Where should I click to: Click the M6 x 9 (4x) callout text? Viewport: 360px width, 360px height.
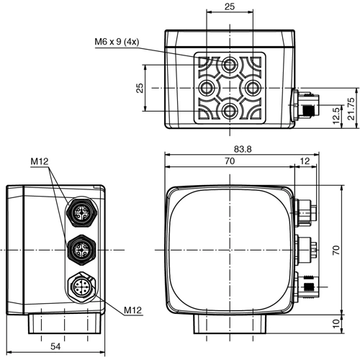point(121,41)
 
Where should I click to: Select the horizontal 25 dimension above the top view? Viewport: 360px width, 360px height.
point(230,6)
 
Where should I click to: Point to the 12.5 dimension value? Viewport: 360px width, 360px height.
point(336,113)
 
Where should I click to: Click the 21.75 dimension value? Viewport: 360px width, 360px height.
point(351,107)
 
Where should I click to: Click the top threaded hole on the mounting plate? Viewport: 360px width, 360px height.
point(230,65)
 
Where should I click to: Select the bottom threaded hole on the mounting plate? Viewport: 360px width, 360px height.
point(230,110)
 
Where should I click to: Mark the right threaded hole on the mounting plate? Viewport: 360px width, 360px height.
point(253,87)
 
